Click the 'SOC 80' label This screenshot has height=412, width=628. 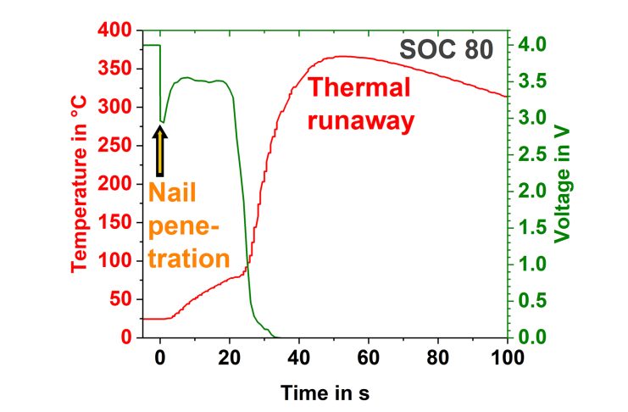(445, 50)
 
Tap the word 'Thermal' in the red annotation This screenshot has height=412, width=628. (359, 88)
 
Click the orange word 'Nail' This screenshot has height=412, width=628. (173, 194)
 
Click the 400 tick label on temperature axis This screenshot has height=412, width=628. (118, 31)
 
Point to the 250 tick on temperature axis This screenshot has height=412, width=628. (118, 146)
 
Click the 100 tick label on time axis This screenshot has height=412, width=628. (507, 356)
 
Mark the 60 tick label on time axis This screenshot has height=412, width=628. (368, 356)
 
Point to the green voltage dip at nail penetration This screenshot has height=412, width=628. (162, 121)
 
